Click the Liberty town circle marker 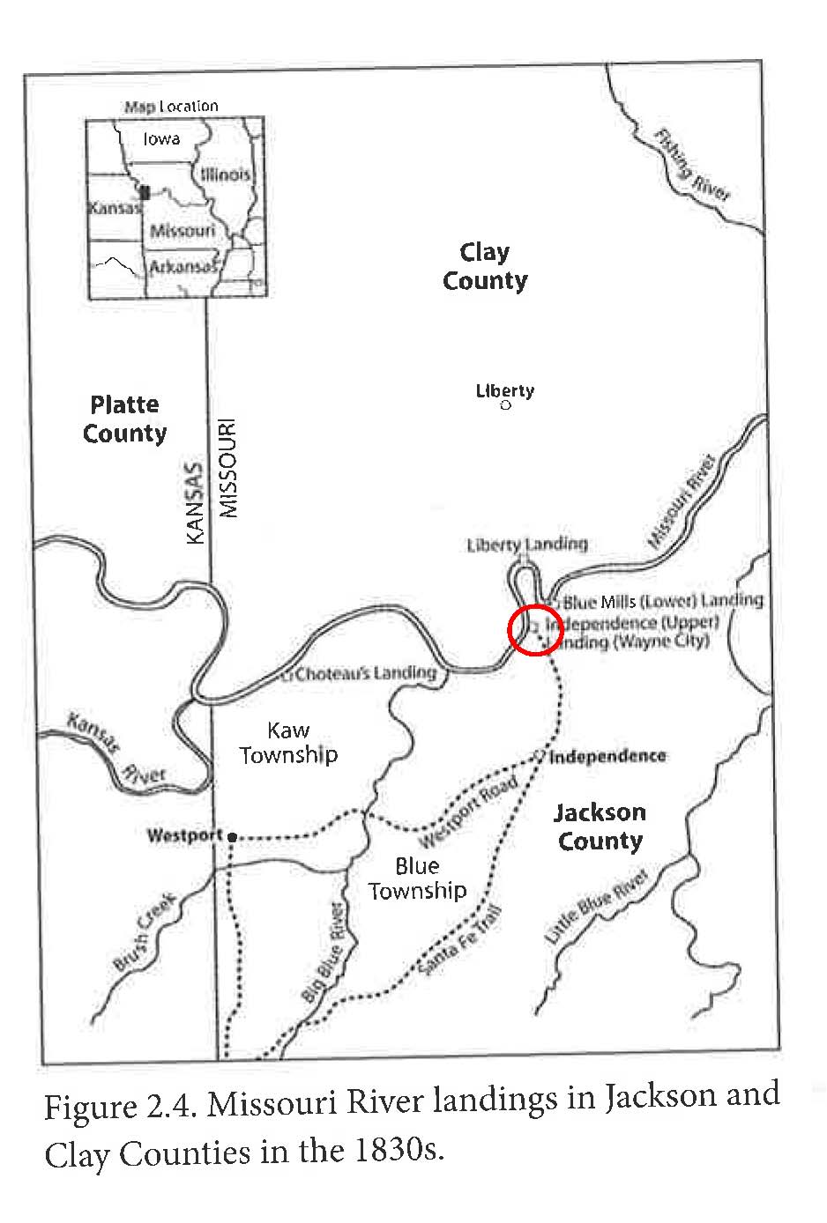click(505, 405)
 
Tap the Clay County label click(485, 266)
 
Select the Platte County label click(124, 419)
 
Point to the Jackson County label click(600, 826)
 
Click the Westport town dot click(232, 835)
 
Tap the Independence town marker click(540, 755)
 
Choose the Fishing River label click(692, 166)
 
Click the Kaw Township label click(288, 742)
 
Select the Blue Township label click(417, 878)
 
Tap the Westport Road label click(469, 808)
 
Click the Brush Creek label click(145, 932)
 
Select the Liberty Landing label click(526, 545)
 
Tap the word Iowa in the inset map click(161, 138)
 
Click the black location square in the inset click(144, 191)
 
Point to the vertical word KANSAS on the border click(196, 502)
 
